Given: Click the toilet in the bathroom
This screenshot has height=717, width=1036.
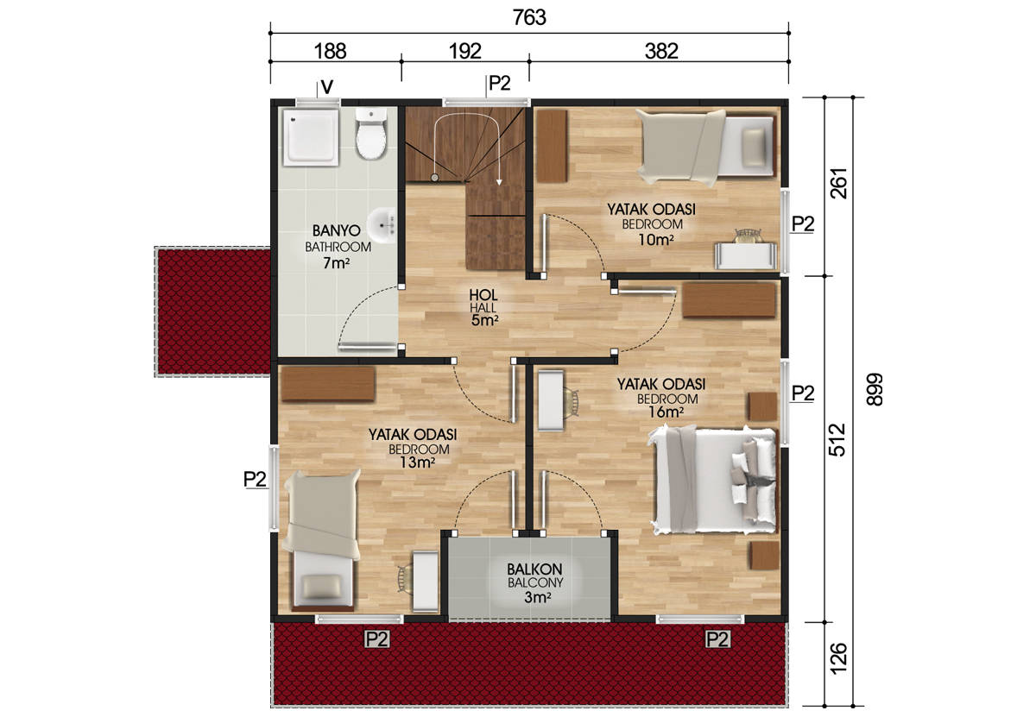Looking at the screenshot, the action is point(370,134).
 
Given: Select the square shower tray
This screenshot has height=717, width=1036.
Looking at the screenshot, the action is point(312,137).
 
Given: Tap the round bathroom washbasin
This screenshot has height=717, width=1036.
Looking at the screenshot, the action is point(382,225).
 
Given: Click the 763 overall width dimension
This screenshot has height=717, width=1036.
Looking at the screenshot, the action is point(529,18).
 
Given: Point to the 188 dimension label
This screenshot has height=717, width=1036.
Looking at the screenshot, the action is point(330,51).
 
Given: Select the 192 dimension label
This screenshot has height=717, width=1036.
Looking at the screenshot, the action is point(464,51).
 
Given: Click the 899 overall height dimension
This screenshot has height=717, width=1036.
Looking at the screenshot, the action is point(874,389).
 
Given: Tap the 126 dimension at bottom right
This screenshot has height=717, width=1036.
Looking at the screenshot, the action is point(837,658).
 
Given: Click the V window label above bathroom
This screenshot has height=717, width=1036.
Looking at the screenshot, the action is point(327,87).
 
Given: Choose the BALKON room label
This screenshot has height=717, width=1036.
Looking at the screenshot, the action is point(534,569).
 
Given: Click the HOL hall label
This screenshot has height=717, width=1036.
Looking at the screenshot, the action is point(483,295).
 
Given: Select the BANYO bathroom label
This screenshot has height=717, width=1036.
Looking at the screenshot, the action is point(336,230).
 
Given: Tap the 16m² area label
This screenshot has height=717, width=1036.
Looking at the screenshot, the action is point(666,412).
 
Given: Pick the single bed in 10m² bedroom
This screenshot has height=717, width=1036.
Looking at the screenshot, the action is point(705,145).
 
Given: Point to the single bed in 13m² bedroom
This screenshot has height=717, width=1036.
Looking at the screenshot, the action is point(322,540).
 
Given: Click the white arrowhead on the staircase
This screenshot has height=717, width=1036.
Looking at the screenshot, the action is point(499,182).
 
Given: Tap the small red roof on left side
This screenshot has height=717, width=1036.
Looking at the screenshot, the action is point(213,311).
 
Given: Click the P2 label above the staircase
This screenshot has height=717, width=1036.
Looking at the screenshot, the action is point(500,83).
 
